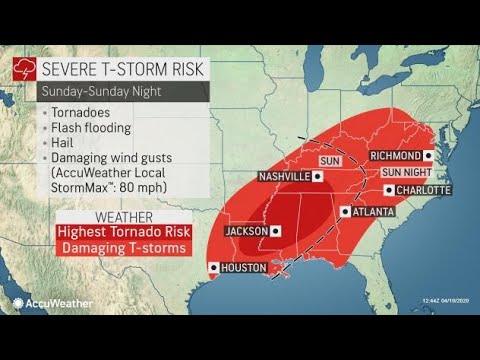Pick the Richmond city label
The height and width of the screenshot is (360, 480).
pyautogui.click(x=392, y=157)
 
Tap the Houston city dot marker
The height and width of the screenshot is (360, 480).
pyautogui.click(x=212, y=268)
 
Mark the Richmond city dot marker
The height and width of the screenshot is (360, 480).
pyautogui.click(x=428, y=157)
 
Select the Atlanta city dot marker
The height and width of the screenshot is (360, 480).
pyautogui.click(x=344, y=211)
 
